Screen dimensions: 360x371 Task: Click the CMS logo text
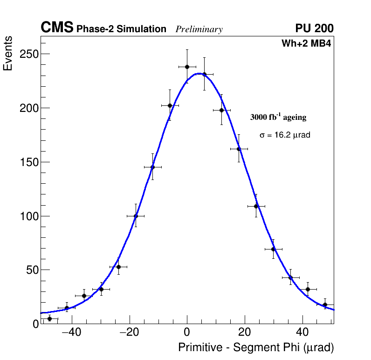click(57, 28)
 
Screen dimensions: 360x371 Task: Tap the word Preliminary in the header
click(199, 29)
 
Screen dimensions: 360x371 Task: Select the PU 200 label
click(314, 28)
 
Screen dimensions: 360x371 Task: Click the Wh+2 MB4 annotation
click(306, 44)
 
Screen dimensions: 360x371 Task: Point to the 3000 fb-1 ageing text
click(278, 117)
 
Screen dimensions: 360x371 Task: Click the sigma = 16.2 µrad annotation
click(285, 135)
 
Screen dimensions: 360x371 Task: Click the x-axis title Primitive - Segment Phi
click(256, 348)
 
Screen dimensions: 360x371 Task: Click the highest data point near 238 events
click(187, 67)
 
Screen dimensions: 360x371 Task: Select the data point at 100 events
click(136, 216)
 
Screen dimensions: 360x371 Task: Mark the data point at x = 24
click(256, 206)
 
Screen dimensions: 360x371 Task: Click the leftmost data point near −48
click(49, 318)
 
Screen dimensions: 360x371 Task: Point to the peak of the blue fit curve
click(199, 74)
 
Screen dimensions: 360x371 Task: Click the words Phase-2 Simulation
click(121, 29)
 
